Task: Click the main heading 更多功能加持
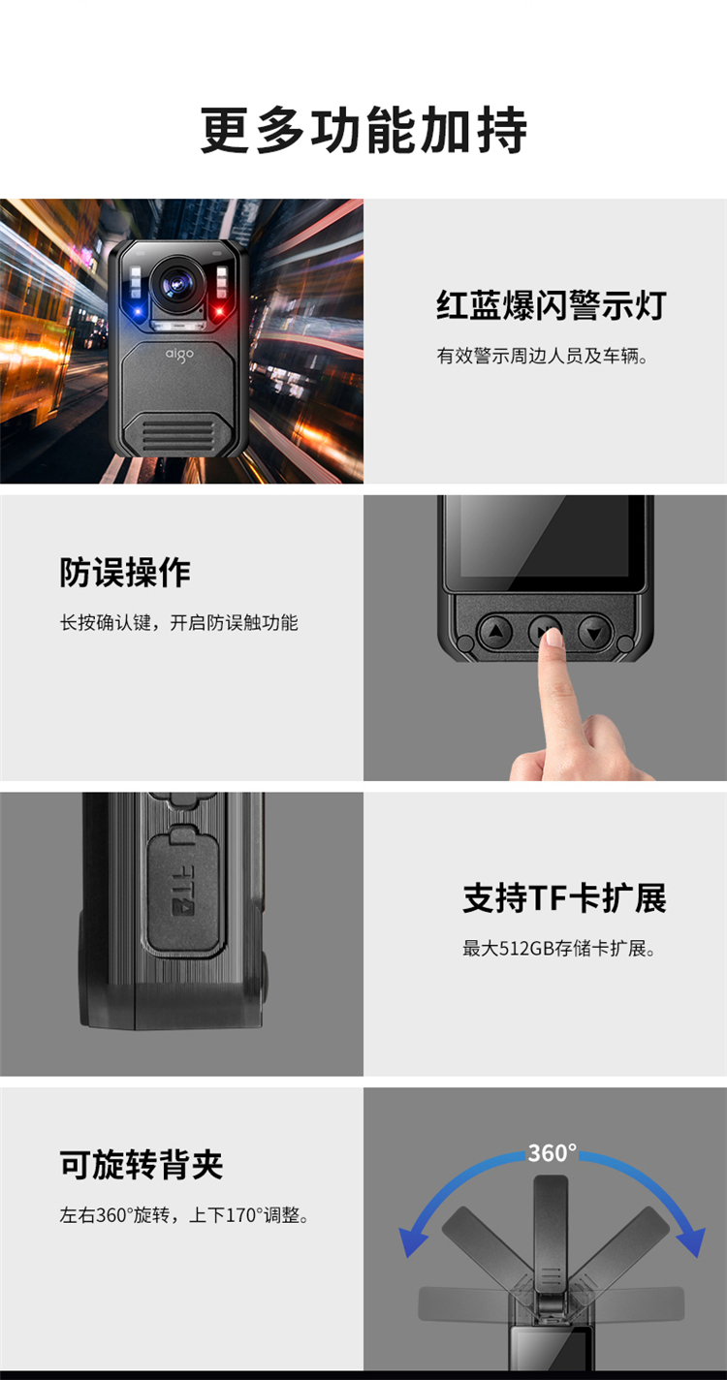click(363, 130)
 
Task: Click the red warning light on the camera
click(219, 310)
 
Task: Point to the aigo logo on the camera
click(179, 355)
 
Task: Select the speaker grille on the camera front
click(178, 433)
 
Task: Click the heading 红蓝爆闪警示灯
click(552, 305)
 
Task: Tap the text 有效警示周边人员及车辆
click(542, 356)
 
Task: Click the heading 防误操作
click(125, 573)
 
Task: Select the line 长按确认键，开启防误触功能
click(178, 622)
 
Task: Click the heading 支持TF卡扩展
click(564, 897)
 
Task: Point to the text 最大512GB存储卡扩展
click(558, 948)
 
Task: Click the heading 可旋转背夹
click(142, 1165)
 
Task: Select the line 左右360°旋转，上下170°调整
click(184, 1215)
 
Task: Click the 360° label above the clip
click(552, 1152)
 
